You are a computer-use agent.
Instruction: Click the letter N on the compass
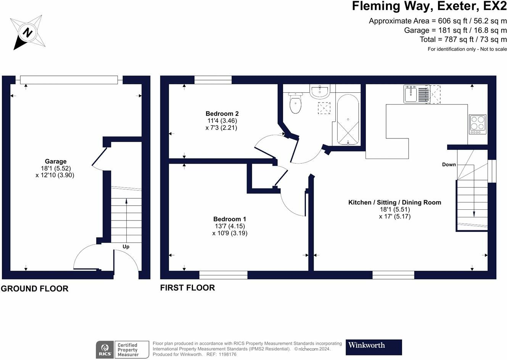pos(27,32)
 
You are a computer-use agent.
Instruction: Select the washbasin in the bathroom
pos(320,92)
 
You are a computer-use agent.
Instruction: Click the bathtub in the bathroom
pos(348,120)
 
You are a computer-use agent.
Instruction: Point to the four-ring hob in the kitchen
pos(478,124)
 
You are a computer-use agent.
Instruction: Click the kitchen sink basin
pos(410,95)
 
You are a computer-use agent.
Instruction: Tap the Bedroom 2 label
pos(222,114)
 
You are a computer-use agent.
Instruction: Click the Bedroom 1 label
pos(230,219)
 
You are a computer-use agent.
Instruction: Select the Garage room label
pos(56,161)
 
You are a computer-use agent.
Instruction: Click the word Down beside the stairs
pos(449,164)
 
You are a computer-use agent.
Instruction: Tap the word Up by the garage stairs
pos(126,247)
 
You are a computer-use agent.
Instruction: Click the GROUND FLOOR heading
pos(35,289)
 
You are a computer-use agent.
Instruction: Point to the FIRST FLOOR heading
pos(188,288)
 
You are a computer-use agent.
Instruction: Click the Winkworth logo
pos(374,347)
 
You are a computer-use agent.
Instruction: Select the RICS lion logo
pos(105,350)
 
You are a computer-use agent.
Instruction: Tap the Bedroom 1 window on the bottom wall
pos(224,275)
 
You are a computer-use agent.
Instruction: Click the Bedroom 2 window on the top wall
pos(213,80)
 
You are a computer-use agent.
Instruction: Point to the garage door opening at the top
pos(69,80)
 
